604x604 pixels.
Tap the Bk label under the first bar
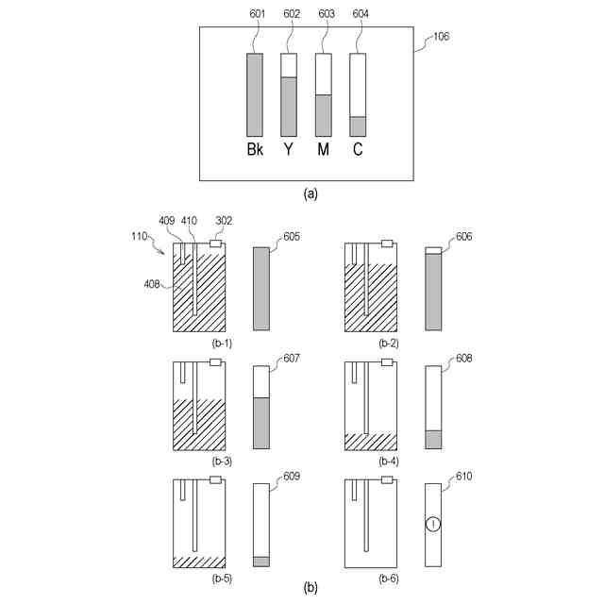(255, 150)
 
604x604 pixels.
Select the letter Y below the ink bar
(289, 150)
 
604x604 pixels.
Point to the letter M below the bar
(323, 150)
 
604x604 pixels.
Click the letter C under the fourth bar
(358, 150)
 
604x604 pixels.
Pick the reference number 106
(441, 38)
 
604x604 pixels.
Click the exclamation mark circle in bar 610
(433, 526)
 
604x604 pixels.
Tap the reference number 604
(359, 15)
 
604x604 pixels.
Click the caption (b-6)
(388, 577)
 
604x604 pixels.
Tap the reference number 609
(292, 478)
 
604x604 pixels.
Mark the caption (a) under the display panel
(310, 193)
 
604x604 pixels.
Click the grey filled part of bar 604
(358, 126)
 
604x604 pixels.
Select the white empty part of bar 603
(323, 74)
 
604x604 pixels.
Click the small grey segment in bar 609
(261, 561)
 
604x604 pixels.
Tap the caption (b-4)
(388, 461)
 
